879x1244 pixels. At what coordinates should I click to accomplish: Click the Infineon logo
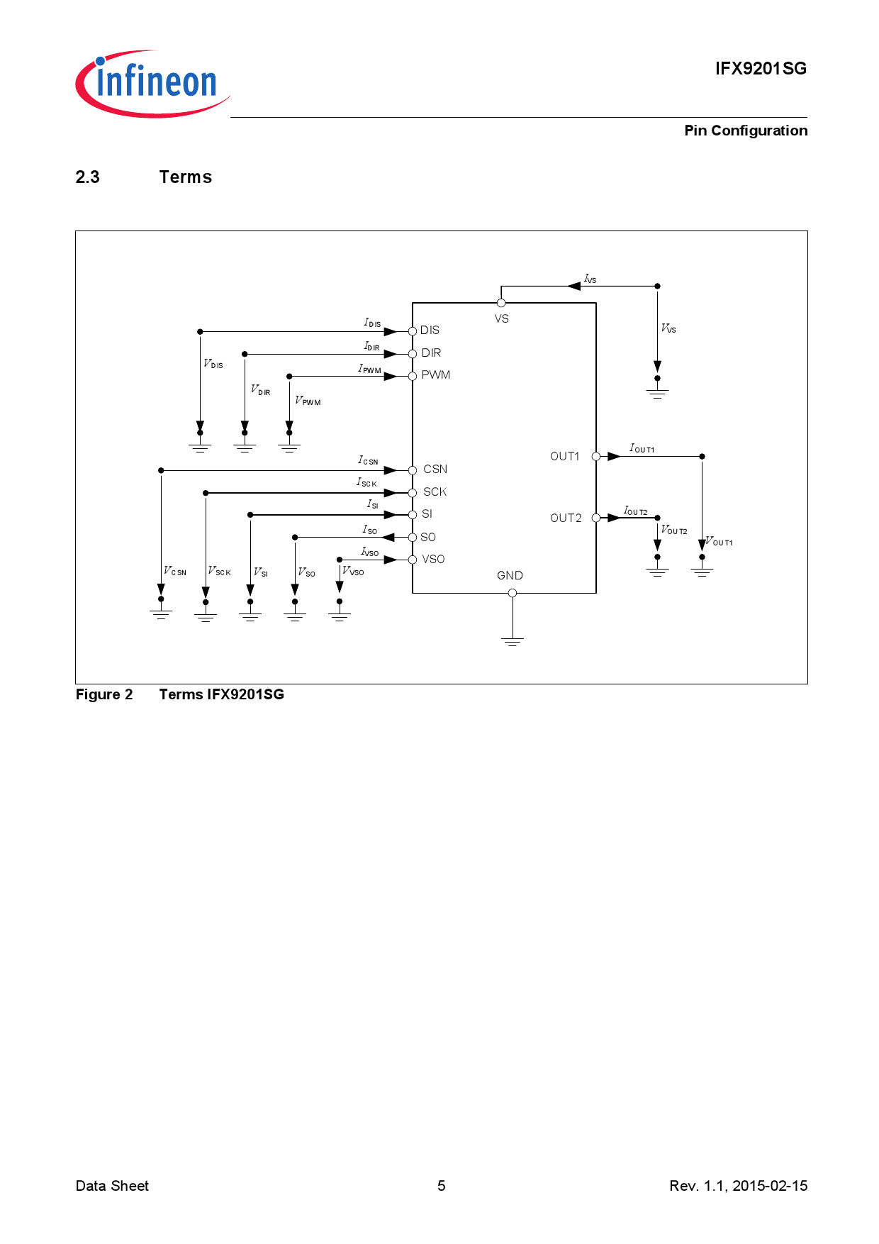tap(152, 83)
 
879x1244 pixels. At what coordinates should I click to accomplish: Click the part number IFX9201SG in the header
tap(761, 69)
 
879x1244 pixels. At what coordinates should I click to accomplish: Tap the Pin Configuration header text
tap(746, 130)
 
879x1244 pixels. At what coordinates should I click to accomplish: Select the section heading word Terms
tap(186, 177)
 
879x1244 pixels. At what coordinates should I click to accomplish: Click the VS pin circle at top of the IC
tap(501, 303)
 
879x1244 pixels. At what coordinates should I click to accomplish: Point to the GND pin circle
tap(513, 593)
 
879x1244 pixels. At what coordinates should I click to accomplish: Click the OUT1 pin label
tap(565, 457)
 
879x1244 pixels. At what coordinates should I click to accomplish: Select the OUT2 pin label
tap(566, 518)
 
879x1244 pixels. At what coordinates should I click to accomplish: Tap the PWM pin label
tap(436, 375)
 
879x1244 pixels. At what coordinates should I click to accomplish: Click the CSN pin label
tap(435, 470)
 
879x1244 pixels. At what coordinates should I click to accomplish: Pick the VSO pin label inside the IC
tap(433, 560)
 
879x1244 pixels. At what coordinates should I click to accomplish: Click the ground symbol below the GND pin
tap(513, 641)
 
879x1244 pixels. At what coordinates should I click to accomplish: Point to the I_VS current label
tap(590, 279)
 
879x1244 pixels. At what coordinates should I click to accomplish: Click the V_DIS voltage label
tap(213, 364)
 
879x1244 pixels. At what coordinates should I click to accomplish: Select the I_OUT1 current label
tap(642, 448)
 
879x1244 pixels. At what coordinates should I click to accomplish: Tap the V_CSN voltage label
tap(174, 571)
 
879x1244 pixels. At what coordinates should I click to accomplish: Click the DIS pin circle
tap(413, 331)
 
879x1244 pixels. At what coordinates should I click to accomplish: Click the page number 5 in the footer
tap(442, 1186)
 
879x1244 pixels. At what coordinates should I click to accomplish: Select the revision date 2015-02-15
tap(770, 1186)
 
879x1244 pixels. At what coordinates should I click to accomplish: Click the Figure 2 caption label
tap(104, 694)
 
